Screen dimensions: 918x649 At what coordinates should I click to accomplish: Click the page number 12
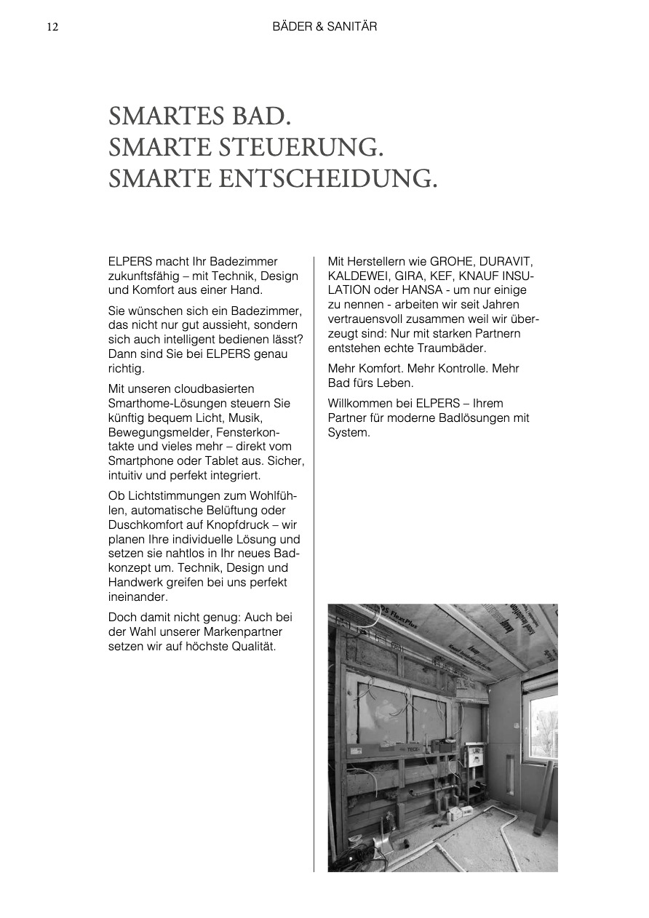pyautogui.click(x=52, y=27)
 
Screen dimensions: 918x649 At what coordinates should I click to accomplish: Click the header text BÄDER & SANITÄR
pyautogui.click(x=324, y=27)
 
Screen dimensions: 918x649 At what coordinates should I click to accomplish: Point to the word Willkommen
pyautogui.click(x=359, y=403)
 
